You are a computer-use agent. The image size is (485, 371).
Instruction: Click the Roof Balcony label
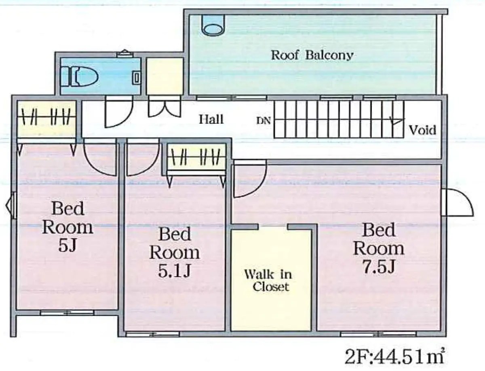point(312,55)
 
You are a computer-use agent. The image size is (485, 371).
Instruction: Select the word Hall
point(211,119)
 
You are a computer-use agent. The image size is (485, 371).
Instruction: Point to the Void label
point(422,130)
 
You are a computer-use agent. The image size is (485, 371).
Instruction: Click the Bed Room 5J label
point(67,227)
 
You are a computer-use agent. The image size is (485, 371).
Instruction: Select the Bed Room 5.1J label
point(175,252)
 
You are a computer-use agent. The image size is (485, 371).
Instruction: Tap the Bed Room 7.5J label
point(378,248)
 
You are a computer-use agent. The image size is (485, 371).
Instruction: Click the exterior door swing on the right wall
point(458,203)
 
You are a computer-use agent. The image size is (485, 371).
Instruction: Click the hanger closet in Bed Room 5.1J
point(197,155)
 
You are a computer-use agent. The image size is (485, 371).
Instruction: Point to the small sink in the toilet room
point(137,76)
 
